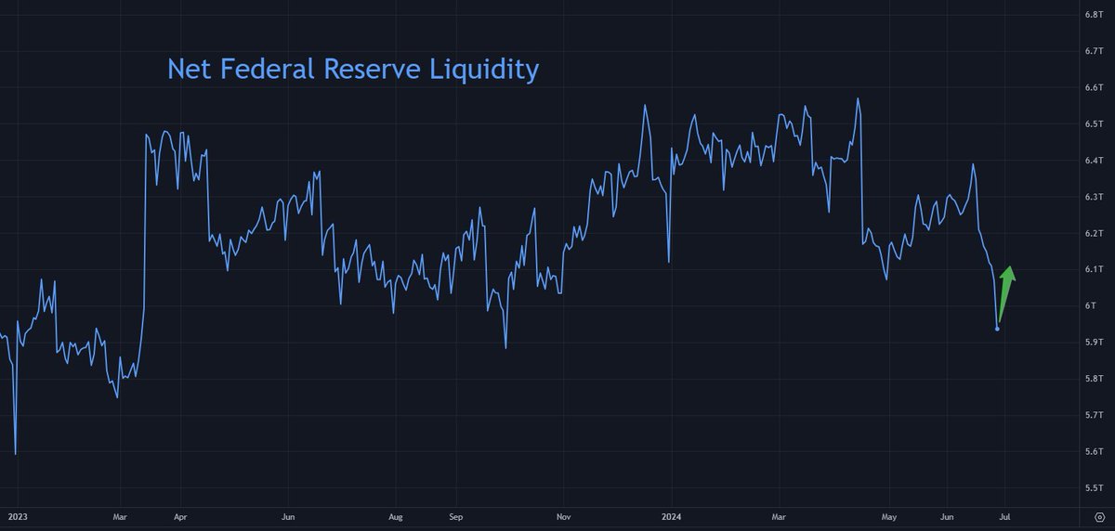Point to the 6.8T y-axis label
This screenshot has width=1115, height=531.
pos(1093,15)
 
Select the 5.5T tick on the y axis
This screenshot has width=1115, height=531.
pos(1093,487)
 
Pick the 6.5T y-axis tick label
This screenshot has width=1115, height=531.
pos(1093,123)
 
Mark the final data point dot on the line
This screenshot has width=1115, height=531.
pos(998,329)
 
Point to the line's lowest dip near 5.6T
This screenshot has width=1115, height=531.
pos(16,453)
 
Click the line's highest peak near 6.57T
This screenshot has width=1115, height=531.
pos(858,98)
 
